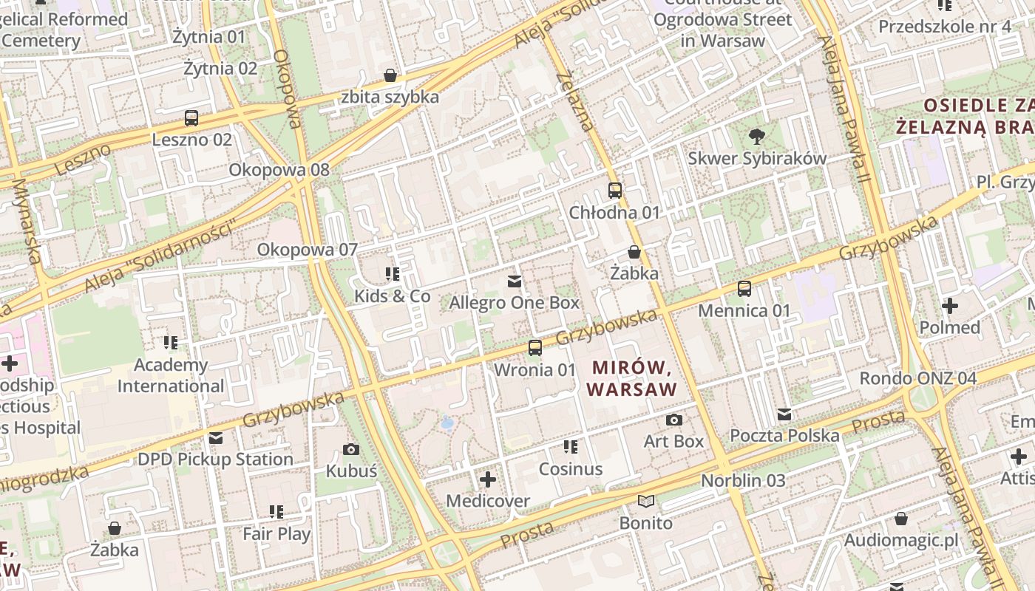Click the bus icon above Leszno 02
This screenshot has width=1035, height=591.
click(x=191, y=118)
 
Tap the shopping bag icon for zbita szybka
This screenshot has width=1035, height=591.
click(x=390, y=75)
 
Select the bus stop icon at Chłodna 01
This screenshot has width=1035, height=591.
click(x=614, y=191)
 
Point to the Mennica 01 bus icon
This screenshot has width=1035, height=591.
click(x=744, y=289)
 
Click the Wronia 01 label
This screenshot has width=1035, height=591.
click(x=535, y=369)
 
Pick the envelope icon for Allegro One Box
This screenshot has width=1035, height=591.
click(x=515, y=281)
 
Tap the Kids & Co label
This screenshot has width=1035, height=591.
click(x=392, y=296)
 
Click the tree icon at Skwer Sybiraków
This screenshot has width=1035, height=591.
click(x=756, y=136)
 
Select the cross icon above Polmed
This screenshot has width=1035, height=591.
click(x=949, y=305)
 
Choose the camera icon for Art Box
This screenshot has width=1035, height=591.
click(x=673, y=420)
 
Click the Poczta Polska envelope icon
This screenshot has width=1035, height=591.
click(x=784, y=414)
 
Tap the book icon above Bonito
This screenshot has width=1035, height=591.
click(x=646, y=502)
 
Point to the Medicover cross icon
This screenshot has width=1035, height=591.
click(x=487, y=479)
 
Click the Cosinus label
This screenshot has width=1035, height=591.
click(x=570, y=469)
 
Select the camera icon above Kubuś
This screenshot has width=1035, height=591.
click(x=351, y=449)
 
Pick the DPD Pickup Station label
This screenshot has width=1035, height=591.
click(x=215, y=460)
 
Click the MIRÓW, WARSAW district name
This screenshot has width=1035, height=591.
click(x=631, y=378)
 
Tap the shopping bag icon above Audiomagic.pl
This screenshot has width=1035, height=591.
click(x=900, y=519)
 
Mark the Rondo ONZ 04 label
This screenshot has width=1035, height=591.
click(x=917, y=378)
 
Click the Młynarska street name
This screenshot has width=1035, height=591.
click(x=27, y=221)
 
